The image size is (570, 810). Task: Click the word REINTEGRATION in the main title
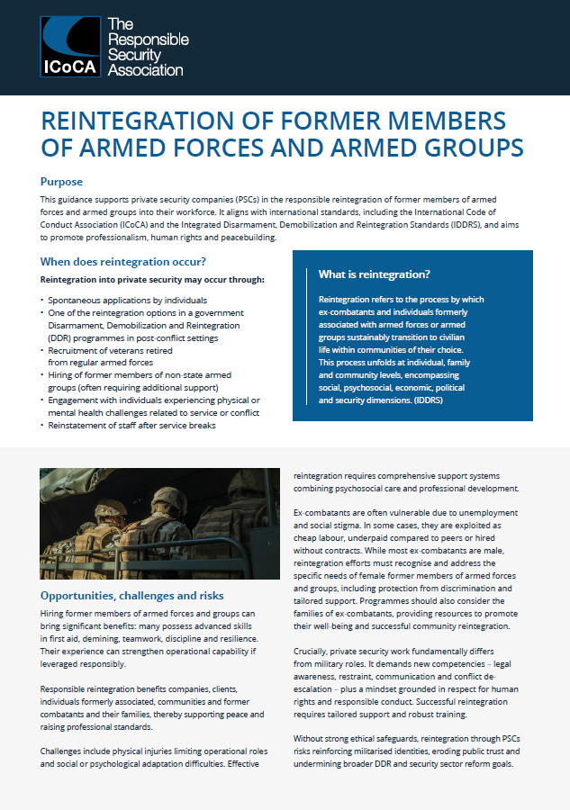tap(139, 121)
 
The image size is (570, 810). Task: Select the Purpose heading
tap(61, 181)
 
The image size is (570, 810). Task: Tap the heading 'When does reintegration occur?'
tap(123, 262)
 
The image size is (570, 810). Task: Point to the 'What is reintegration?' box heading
tap(374, 274)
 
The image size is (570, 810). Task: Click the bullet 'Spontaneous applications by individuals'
tap(128, 300)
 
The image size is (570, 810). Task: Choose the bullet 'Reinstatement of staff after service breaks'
tap(131, 426)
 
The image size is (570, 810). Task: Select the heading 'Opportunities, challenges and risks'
tap(132, 595)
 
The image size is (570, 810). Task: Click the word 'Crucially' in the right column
tap(313, 650)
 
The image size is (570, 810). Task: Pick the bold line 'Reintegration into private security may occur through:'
tap(152, 280)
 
